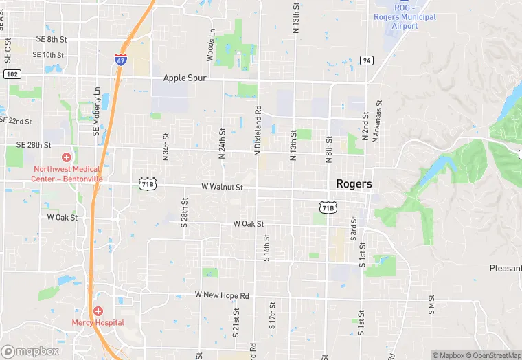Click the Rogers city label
[354, 184]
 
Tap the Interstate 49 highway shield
[120, 60]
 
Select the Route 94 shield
[367, 60]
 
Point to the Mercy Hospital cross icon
[98, 312]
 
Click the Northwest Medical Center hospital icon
[67, 157]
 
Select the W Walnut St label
[222, 187]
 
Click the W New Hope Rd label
[222, 295]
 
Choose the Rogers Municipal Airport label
[405, 21]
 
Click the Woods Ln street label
[211, 43]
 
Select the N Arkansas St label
[377, 123]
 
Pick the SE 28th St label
[34, 146]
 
